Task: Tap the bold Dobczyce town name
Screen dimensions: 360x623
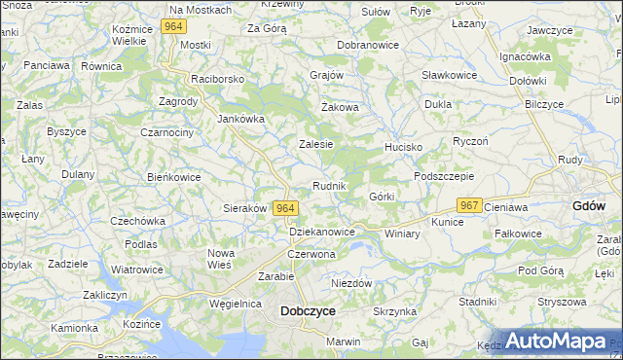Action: tap(308, 311)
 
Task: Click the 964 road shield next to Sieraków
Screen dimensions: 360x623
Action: tap(285, 208)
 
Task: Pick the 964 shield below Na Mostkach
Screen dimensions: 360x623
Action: tap(174, 26)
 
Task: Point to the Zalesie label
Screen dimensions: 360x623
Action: tap(315, 144)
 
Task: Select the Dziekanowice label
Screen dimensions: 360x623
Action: tap(322, 232)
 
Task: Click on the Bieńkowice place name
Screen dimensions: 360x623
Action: tap(172, 177)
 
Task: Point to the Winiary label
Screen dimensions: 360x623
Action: tap(401, 234)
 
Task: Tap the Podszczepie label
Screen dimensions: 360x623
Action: tap(444, 176)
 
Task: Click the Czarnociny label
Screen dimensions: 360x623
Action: tap(166, 132)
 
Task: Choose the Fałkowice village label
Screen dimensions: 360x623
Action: tap(518, 234)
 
